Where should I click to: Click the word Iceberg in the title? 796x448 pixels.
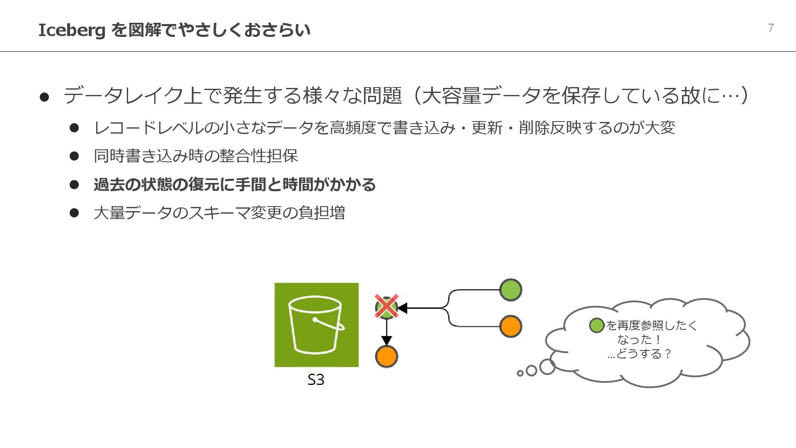71,30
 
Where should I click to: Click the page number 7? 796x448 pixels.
771,28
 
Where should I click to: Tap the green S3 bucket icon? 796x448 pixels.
316,325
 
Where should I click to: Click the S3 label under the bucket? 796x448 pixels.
316,380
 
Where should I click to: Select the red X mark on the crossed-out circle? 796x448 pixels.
386,307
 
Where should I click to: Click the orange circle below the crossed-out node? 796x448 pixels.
386,356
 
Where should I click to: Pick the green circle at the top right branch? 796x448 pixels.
510,290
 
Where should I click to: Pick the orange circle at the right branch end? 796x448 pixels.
510,326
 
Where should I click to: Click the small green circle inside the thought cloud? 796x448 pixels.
597,326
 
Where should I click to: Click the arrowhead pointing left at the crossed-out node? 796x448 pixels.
402,308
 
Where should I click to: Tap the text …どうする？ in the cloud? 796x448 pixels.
639,354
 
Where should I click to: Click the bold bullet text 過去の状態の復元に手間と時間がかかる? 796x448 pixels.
235,185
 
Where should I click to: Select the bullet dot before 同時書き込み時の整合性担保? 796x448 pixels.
74,156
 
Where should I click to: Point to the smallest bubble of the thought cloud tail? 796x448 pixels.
520,373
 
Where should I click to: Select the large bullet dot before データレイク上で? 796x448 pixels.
44,97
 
